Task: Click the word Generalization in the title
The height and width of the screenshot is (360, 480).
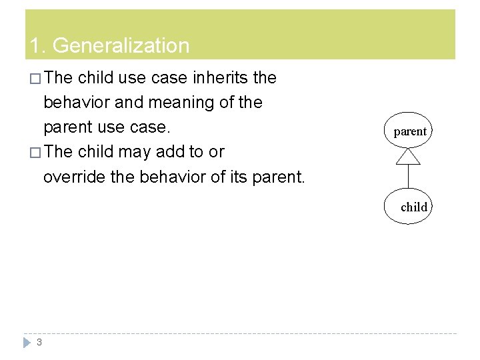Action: click(121, 46)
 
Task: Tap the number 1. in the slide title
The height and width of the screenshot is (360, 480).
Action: click(37, 46)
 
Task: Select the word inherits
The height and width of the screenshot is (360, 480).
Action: click(220, 78)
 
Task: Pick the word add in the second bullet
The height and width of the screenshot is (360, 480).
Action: click(170, 152)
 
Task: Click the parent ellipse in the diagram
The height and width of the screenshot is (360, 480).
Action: click(409, 131)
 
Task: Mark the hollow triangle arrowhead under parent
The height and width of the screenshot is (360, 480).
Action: click(408, 157)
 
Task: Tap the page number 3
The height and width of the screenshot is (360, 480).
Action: click(39, 342)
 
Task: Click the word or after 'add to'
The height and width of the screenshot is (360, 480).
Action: click(216, 152)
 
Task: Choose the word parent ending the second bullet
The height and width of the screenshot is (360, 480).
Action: click(278, 177)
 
